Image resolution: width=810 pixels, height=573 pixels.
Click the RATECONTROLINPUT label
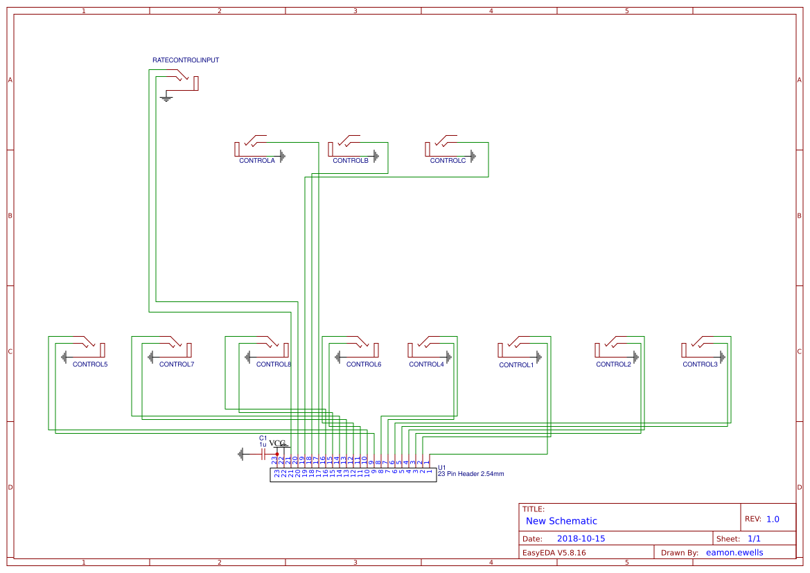[186, 60]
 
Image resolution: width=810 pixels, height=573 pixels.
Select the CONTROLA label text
[257, 161]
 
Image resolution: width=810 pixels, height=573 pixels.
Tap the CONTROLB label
[351, 161]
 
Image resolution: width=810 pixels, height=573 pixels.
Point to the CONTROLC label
[448, 161]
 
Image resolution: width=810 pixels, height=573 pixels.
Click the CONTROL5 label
[90, 364]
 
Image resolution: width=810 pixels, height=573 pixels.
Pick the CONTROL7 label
[177, 364]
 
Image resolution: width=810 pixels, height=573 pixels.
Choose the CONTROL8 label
[274, 364]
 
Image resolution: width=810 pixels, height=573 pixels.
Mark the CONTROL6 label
[364, 364]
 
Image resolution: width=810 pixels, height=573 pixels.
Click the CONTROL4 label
[426, 364]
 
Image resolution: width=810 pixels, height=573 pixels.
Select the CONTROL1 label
[516, 365]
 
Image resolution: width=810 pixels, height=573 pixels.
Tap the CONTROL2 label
[613, 364]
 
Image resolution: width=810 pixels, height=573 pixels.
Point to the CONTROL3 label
[700, 364]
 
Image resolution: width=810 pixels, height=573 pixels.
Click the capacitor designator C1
[263, 438]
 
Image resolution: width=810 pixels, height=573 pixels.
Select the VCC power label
[276, 443]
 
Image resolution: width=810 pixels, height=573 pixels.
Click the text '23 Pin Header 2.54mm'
[471, 474]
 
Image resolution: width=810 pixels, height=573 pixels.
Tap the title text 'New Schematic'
[561, 521]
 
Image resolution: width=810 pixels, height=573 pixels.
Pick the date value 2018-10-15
[581, 539]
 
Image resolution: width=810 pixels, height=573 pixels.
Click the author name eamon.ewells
[735, 553]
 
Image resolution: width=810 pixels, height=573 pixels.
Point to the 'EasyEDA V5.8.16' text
[554, 553]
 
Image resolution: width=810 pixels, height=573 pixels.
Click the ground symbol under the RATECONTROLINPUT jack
[166, 99]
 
